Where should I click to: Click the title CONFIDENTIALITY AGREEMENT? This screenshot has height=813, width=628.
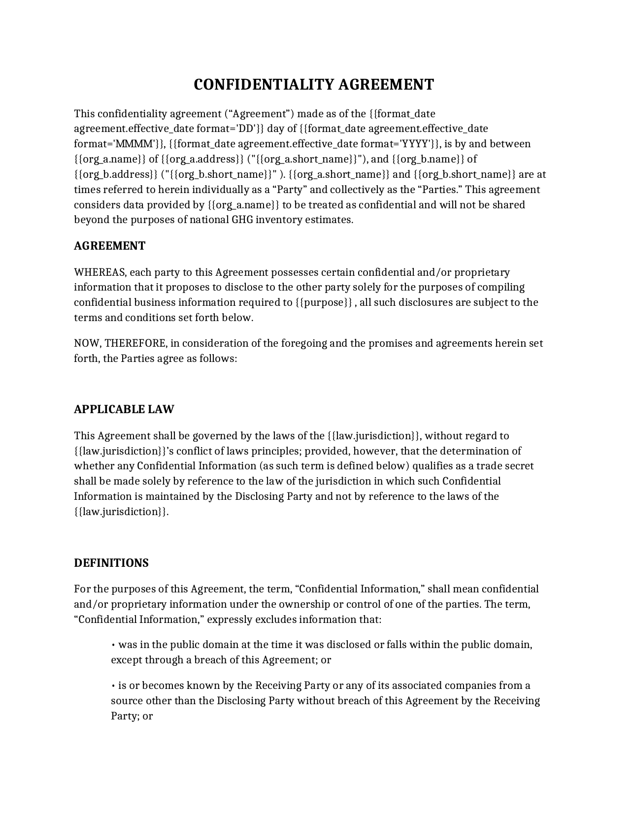pyautogui.click(x=314, y=85)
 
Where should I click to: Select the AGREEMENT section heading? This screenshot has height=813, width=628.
pyautogui.click(x=109, y=246)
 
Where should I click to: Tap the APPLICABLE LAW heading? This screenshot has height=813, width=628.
pyautogui.click(x=124, y=409)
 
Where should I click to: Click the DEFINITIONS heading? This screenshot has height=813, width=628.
pyautogui.click(x=111, y=563)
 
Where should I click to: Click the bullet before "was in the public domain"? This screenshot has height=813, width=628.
pyautogui.click(x=113, y=645)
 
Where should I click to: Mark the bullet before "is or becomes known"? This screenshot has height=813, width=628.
pyautogui.click(x=113, y=686)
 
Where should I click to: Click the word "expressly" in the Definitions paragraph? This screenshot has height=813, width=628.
pyautogui.click(x=229, y=619)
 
